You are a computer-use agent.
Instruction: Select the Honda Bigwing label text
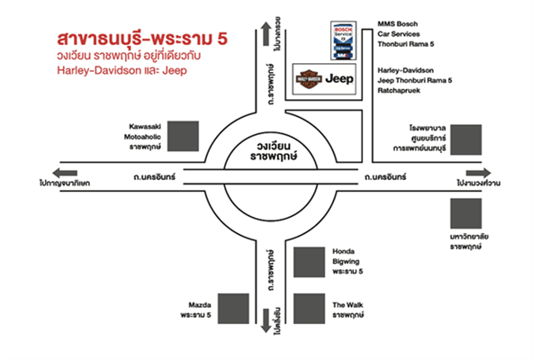pos(347,260)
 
